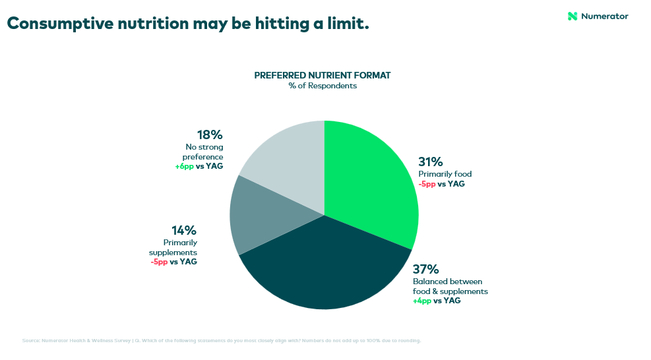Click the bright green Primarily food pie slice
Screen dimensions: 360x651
point(373,181)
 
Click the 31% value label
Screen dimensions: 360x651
point(430,162)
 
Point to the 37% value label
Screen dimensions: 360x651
point(425,270)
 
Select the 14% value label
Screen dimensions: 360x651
point(183,231)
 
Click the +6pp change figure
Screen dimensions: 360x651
point(184,166)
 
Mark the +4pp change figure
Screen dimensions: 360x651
point(422,301)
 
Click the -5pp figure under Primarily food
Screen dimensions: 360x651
point(427,184)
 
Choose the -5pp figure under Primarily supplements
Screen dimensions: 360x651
point(159,262)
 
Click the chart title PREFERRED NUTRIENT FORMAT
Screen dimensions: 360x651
point(323,75)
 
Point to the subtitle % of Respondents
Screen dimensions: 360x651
point(323,86)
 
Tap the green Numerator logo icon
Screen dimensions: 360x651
point(573,16)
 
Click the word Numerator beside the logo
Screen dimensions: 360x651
point(605,16)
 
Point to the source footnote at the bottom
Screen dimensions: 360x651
point(222,341)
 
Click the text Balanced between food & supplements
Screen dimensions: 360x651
point(450,286)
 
